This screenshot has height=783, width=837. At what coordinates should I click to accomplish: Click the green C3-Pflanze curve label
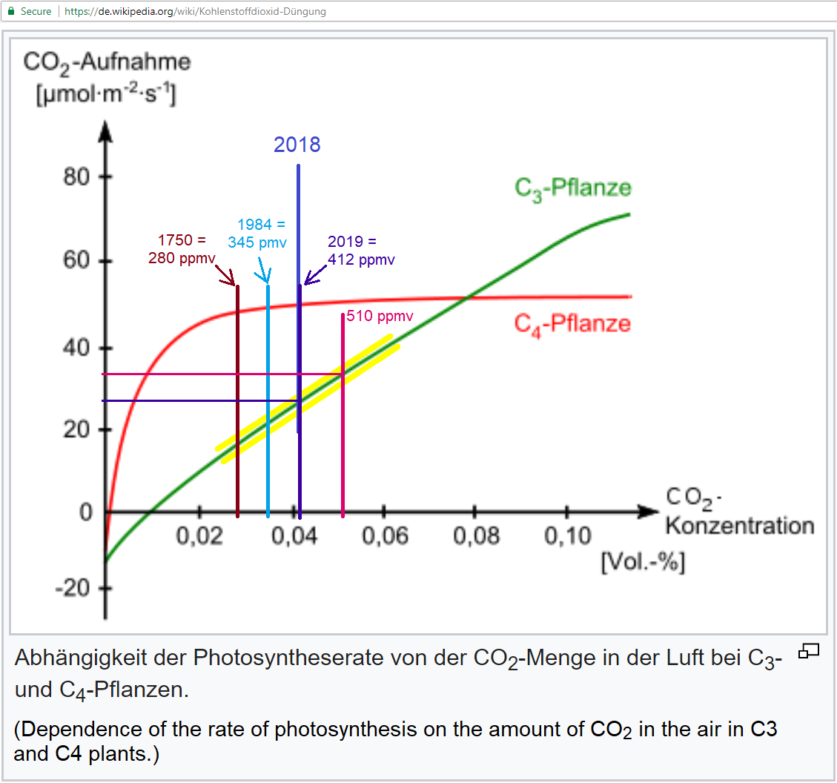point(573,188)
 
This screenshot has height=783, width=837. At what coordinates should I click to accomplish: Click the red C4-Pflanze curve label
point(572,324)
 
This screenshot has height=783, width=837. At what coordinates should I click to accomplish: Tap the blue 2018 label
point(297,145)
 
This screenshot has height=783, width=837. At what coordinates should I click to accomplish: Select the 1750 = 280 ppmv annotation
point(182,250)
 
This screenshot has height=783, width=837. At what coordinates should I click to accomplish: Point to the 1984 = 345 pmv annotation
point(258,233)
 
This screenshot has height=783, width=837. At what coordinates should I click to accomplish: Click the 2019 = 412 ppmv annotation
point(361,251)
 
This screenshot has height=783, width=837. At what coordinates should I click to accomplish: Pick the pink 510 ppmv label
point(380,317)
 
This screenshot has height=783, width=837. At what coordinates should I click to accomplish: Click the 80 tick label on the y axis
point(76,178)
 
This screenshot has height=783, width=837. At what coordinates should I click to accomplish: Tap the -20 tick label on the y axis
point(71,589)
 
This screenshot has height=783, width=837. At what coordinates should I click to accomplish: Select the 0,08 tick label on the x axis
point(476,536)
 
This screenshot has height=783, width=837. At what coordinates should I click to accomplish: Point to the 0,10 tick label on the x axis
point(567,536)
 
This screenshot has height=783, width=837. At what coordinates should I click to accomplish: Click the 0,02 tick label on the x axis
point(199,536)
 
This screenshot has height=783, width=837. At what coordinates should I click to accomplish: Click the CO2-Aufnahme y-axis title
point(107,62)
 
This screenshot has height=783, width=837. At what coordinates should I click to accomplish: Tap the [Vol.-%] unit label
point(642,562)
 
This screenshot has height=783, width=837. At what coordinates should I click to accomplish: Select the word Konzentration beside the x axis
point(739,526)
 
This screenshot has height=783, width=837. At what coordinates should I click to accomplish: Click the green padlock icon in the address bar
point(10,11)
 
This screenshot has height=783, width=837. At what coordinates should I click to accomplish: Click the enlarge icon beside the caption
point(808,652)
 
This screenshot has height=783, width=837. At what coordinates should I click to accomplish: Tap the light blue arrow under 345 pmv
point(262,271)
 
